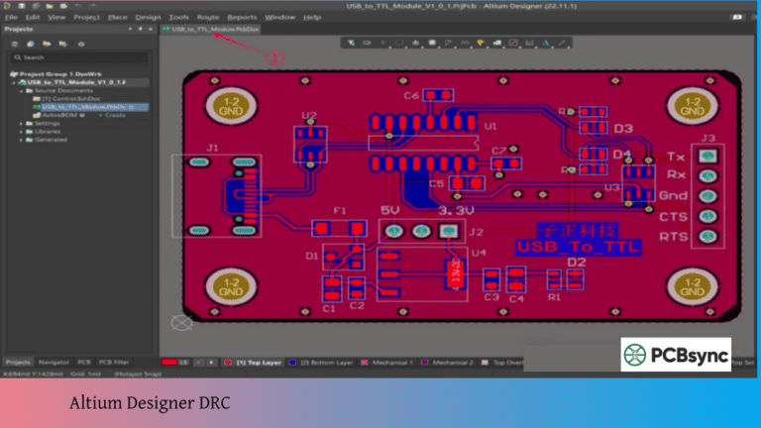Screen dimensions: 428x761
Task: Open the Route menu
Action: pyautogui.click(x=208, y=17)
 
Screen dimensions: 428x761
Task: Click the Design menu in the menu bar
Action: pyautogui.click(x=148, y=17)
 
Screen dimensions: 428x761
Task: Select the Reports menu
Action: pyautogui.click(x=242, y=17)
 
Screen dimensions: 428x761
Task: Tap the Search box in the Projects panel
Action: pyautogui.click(x=79, y=57)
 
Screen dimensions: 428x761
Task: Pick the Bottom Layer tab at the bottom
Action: pyautogui.click(x=326, y=363)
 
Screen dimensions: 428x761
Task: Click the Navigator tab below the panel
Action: pyautogui.click(x=54, y=363)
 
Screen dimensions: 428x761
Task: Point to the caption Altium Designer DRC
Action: pyautogui.click(x=150, y=403)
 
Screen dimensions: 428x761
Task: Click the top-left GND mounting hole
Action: pyautogui.click(x=231, y=106)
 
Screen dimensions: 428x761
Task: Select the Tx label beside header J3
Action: pyautogui.click(x=677, y=157)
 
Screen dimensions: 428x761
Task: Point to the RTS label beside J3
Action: pyautogui.click(x=675, y=236)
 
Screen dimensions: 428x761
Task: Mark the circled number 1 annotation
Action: pyautogui.click(x=276, y=58)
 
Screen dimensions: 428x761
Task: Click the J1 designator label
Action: pyautogui.click(x=211, y=149)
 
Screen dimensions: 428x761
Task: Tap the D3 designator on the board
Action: pyautogui.click(x=622, y=129)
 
